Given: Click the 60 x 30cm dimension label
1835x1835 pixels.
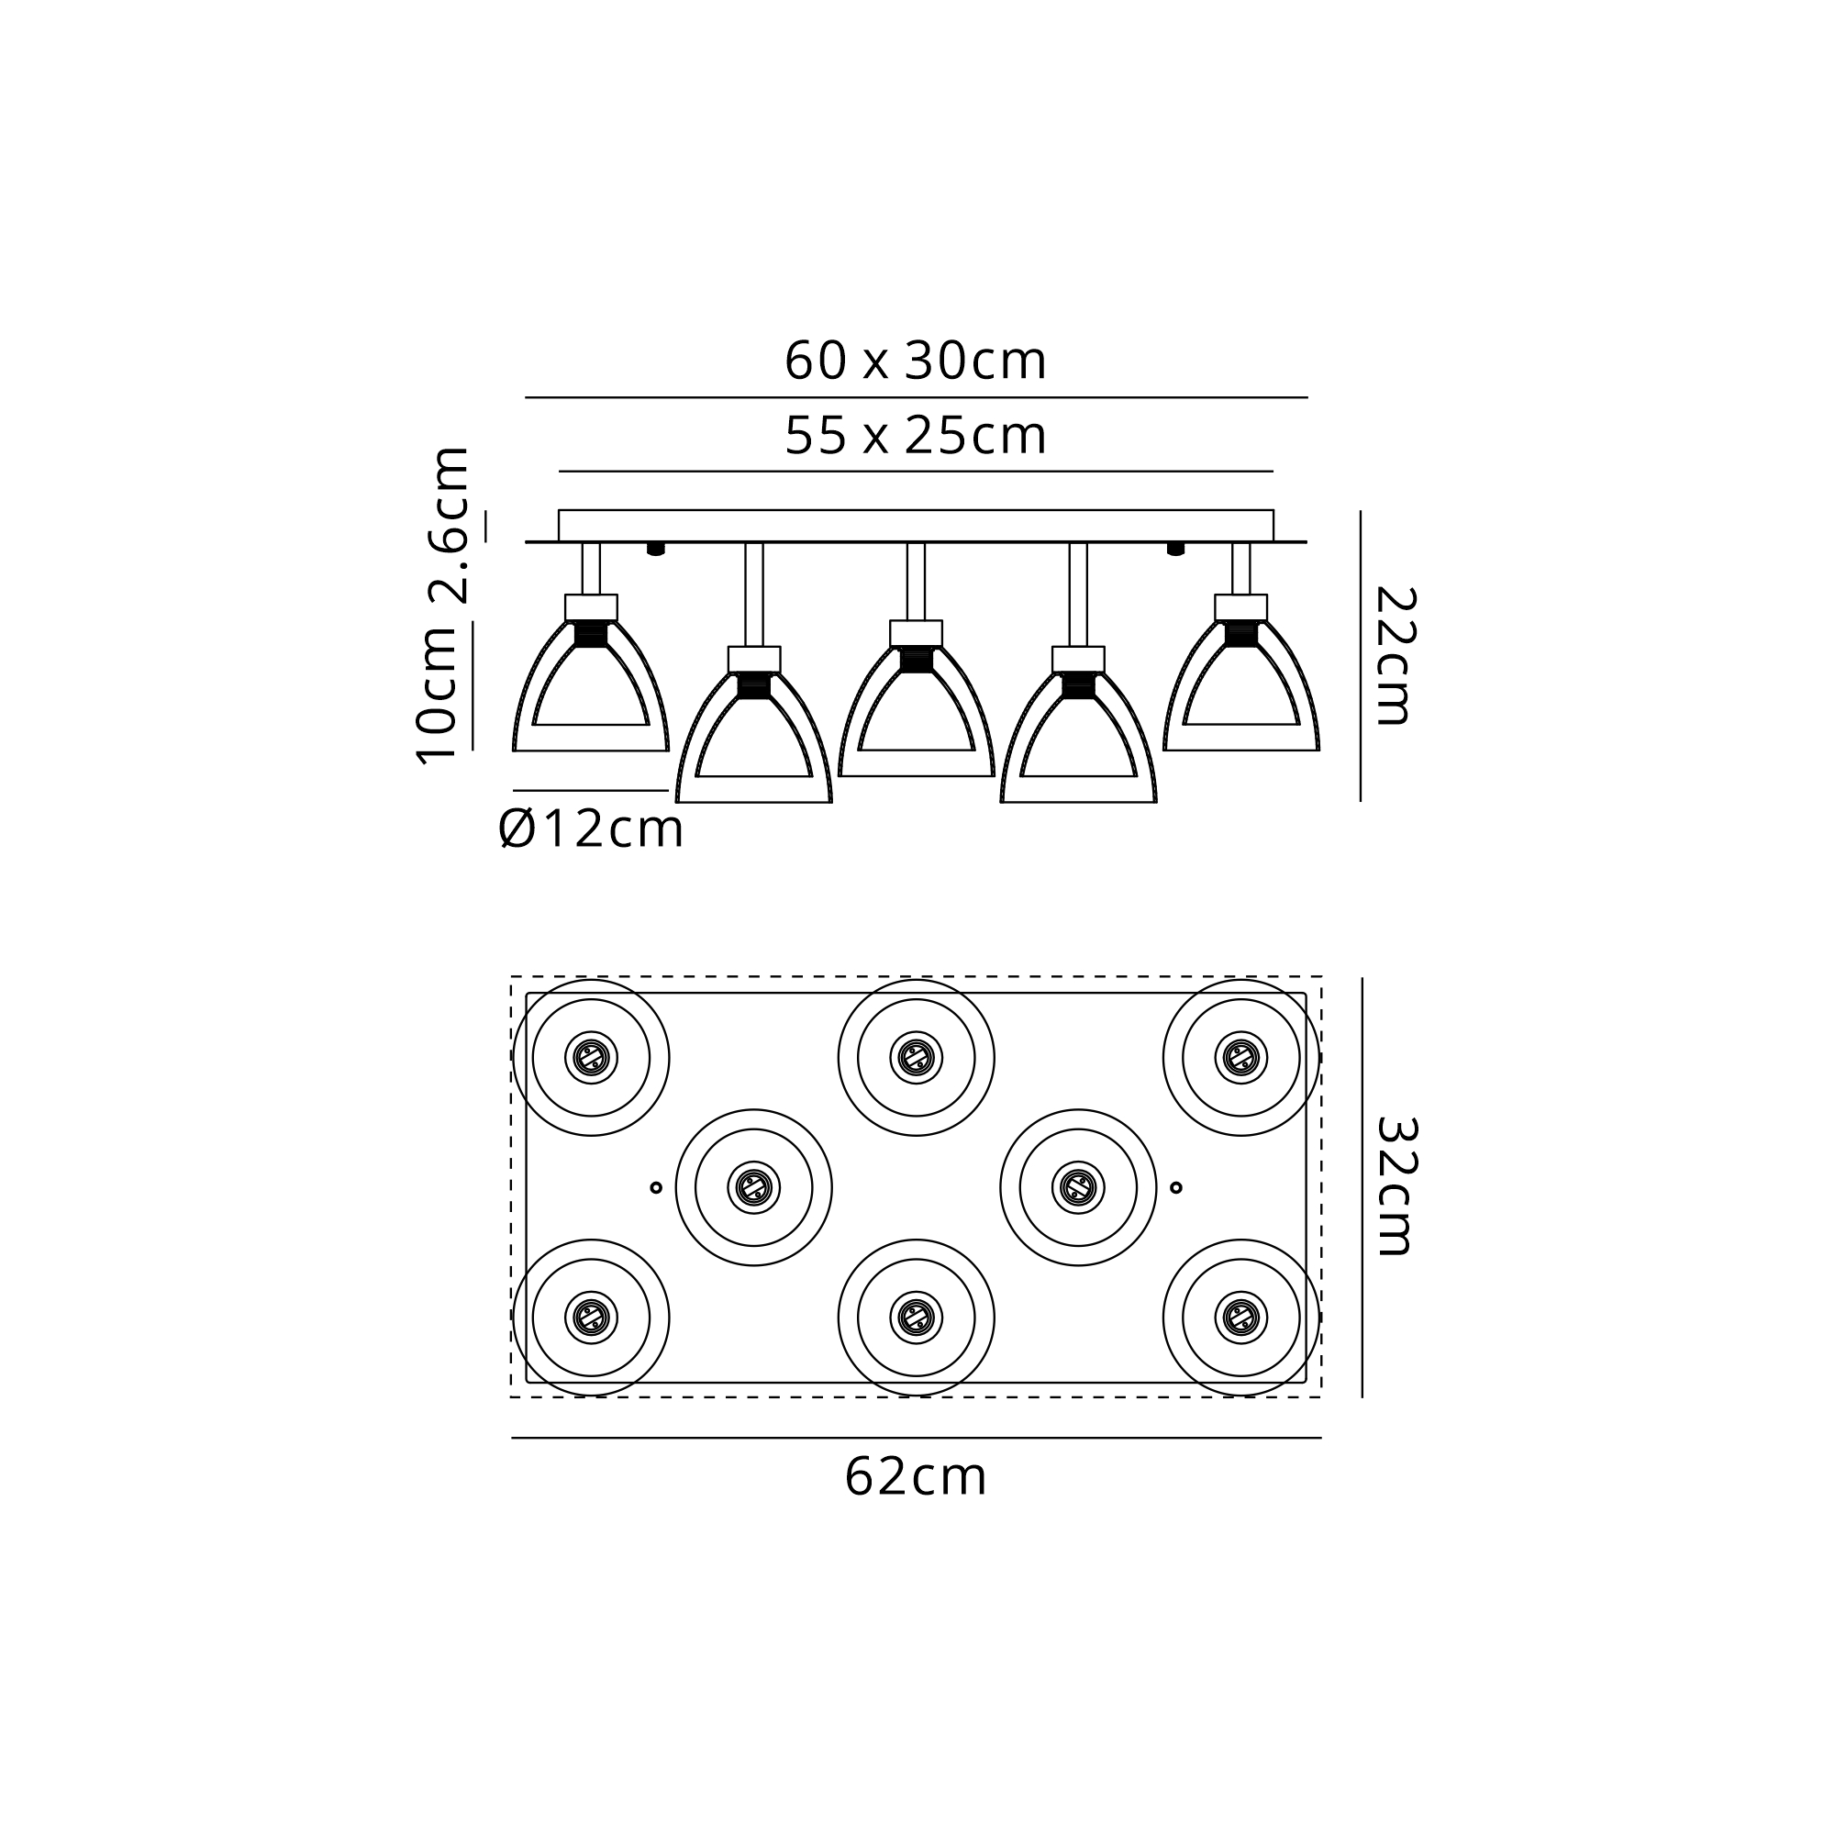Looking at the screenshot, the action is pos(916,361).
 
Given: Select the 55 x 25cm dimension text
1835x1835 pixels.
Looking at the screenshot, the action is pos(916,436).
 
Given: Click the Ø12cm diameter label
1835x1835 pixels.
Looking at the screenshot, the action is pos(591,829).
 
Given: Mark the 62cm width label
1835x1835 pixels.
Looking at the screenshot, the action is pos(916,1477).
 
